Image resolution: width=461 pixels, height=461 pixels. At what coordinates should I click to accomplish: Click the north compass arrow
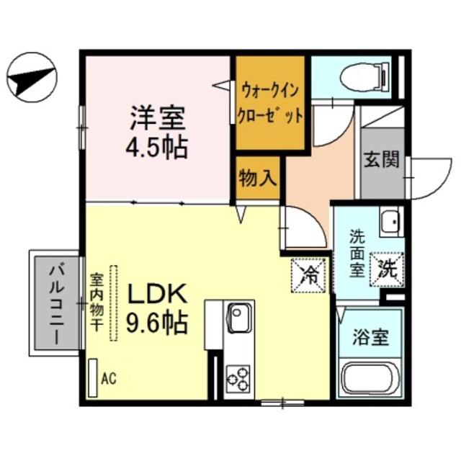coord(31,76)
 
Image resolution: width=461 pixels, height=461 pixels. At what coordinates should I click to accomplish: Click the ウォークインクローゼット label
coord(272,103)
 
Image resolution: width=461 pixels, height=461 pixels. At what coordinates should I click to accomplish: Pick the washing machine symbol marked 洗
coord(388,270)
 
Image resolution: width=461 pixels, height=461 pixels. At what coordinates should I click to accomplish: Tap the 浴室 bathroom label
coord(372,336)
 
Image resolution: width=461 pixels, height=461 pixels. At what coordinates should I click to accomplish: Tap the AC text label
coord(109,377)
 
